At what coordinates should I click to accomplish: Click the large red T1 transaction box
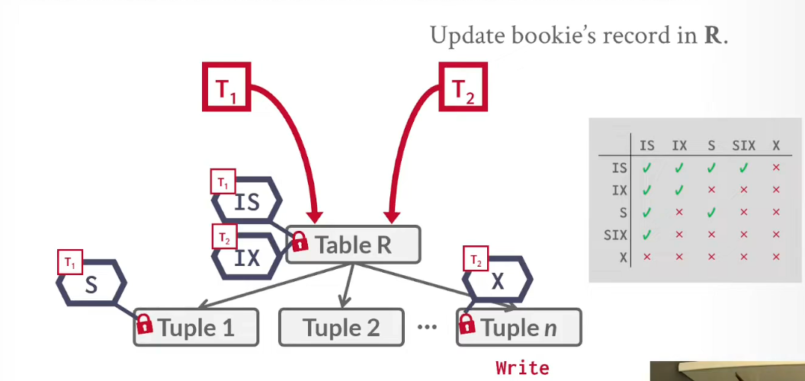(226, 87)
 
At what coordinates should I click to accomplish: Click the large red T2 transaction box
(463, 87)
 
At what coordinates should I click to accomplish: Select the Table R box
(353, 245)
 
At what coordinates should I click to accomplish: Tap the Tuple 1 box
(196, 327)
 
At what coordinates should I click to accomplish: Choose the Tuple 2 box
(342, 327)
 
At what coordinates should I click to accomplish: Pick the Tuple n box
(519, 327)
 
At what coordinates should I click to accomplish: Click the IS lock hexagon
(247, 201)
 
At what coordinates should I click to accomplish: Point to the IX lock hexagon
(247, 257)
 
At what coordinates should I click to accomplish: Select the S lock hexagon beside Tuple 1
(91, 283)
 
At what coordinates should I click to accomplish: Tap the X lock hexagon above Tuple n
(497, 281)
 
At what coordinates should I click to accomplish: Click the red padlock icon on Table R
(300, 241)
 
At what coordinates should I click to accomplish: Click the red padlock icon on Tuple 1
(145, 324)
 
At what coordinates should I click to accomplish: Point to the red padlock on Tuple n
(467, 324)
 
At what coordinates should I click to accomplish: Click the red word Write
(523, 367)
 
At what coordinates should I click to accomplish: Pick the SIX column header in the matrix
(744, 146)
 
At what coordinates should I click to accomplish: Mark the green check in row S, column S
(711, 212)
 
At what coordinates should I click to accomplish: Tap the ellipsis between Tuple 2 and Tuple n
(427, 327)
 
